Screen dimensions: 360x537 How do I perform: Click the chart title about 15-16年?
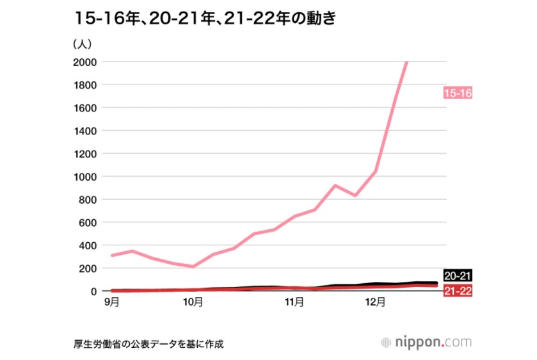(x=204, y=19)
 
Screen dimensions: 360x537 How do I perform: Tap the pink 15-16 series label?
(x=457, y=94)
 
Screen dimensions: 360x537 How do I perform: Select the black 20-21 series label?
(x=457, y=276)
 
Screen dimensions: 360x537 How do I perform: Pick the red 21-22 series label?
(x=457, y=291)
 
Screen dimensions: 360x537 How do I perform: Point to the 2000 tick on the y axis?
(x=84, y=62)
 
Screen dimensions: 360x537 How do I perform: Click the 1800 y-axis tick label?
(x=84, y=85)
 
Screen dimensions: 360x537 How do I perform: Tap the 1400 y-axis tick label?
(x=84, y=131)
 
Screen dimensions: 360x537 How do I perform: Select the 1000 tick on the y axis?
(x=84, y=177)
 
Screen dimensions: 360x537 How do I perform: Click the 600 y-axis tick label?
(x=88, y=222)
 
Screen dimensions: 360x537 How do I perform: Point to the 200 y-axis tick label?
(x=88, y=268)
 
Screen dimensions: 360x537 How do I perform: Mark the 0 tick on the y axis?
(x=93, y=291)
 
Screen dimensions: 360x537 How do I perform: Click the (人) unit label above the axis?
(x=84, y=44)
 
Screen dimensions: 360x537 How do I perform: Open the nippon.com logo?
(x=426, y=342)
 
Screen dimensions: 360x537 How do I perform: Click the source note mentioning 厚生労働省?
(x=148, y=343)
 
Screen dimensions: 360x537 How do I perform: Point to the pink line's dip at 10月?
(x=193, y=266)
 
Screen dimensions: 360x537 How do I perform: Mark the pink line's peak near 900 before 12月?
(x=335, y=186)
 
